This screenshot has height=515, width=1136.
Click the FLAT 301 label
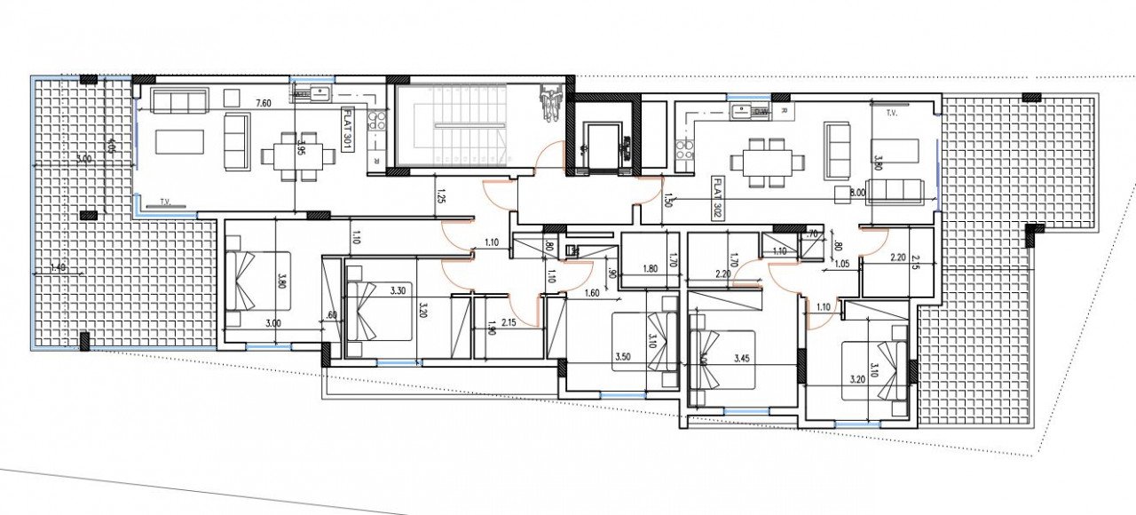point(348,130)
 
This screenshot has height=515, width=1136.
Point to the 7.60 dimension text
point(263,104)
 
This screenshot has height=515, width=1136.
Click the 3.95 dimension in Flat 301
point(303,147)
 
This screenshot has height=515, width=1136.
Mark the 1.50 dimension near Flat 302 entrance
point(667,201)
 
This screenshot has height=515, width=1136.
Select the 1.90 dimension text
point(492,332)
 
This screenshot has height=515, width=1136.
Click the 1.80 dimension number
point(650,268)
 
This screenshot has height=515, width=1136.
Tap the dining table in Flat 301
point(298,156)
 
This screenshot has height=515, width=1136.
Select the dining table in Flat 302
point(768,162)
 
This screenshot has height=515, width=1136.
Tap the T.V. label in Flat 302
point(892,115)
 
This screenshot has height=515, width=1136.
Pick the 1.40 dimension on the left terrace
point(59,266)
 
